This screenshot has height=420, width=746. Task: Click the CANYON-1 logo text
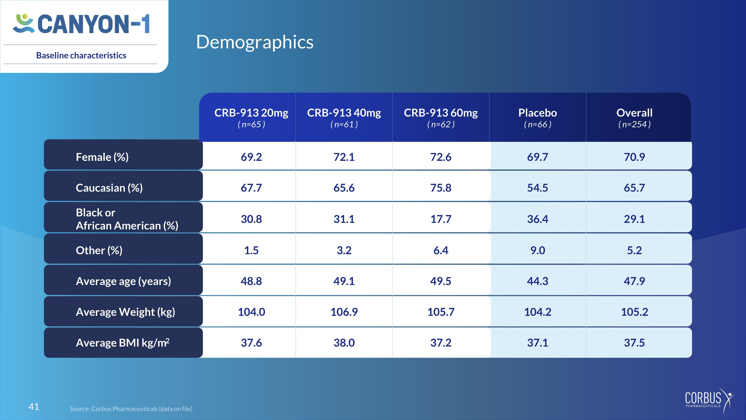click(93, 24)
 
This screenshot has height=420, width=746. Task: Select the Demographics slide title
click(255, 42)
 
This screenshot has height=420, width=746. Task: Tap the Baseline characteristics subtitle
click(81, 55)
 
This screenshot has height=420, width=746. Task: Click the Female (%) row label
click(102, 157)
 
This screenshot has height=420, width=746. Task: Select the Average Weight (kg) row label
click(125, 312)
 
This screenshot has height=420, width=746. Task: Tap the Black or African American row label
click(127, 219)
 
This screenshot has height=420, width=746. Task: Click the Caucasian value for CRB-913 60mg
click(441, 188)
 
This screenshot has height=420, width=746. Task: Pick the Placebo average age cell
click(537, 281)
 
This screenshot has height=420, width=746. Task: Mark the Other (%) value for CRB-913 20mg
click(251, 250)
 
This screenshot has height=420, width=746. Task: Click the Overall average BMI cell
click(634, 343)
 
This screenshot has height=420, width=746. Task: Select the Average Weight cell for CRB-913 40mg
click(344, 312)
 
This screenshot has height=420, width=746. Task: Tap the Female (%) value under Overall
click(634, 157)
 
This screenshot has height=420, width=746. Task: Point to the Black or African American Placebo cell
click(537, 219)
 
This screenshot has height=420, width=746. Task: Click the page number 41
click(34, 407)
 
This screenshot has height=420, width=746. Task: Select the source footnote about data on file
click(131, 409)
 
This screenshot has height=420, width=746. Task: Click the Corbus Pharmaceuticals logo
click(709, 401)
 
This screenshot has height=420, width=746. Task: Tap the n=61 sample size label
click(344, 124)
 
